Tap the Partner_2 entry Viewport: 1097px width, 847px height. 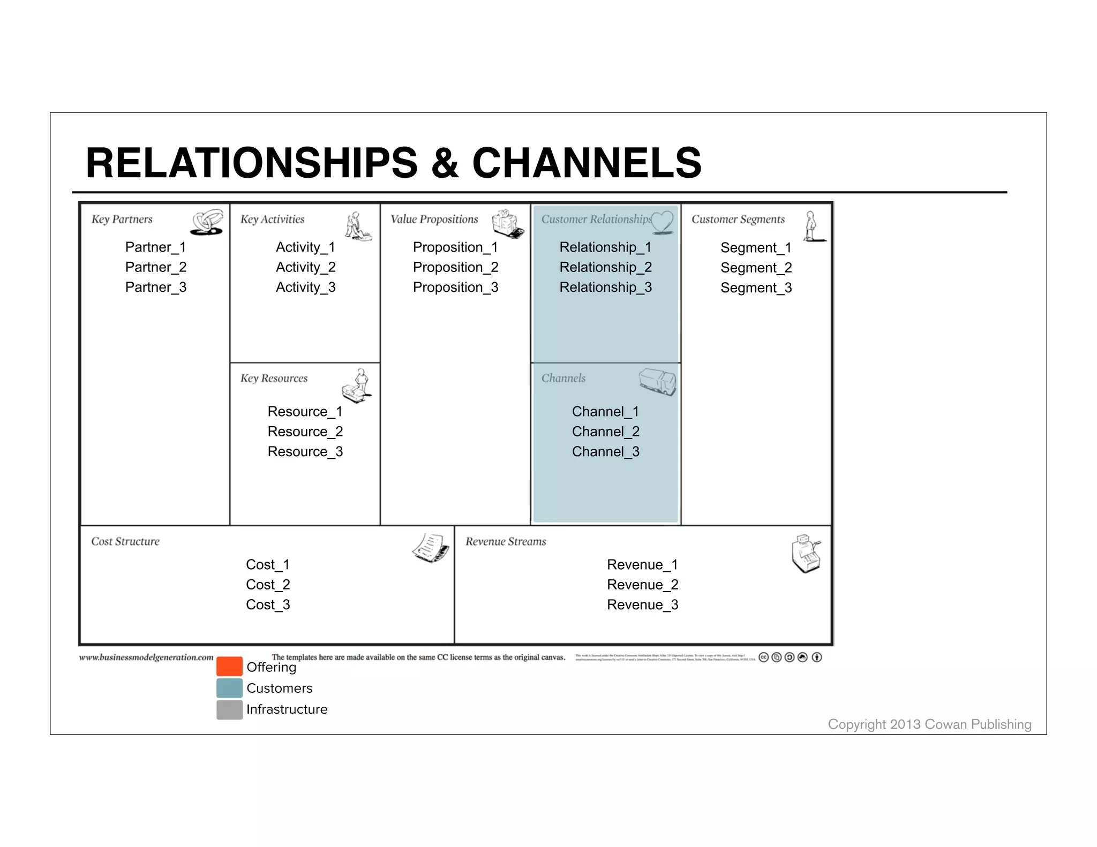(x=156, y=267)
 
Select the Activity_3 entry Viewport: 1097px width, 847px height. (x=305, y=288)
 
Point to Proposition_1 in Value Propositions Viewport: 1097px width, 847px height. (x=455, y=247)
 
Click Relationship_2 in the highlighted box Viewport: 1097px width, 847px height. (x=605, y=267)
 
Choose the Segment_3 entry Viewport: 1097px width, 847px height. (x=756, y=288)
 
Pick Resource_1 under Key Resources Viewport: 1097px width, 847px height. (x=305, y=412)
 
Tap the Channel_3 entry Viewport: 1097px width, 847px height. (x=605, y=452)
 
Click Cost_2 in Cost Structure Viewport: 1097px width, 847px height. (x=268, y=585)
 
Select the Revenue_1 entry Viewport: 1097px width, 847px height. (x=642, y=565)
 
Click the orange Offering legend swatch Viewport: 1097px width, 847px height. (x=229, y=667)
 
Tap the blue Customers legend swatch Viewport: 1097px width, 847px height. (x=229, y=688)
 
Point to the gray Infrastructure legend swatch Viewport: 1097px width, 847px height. (x=229, y=709)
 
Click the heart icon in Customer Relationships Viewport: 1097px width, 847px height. (x=663, y=222)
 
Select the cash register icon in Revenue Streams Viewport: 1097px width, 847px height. (x=806, y=554)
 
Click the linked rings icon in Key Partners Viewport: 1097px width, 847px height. (x=207, y=222)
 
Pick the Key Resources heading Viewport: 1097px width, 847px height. (x=274, y=379)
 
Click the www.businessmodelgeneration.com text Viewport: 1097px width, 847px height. (x=146, y=657)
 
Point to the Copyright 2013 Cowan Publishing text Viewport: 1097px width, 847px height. (x=929, y=724)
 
